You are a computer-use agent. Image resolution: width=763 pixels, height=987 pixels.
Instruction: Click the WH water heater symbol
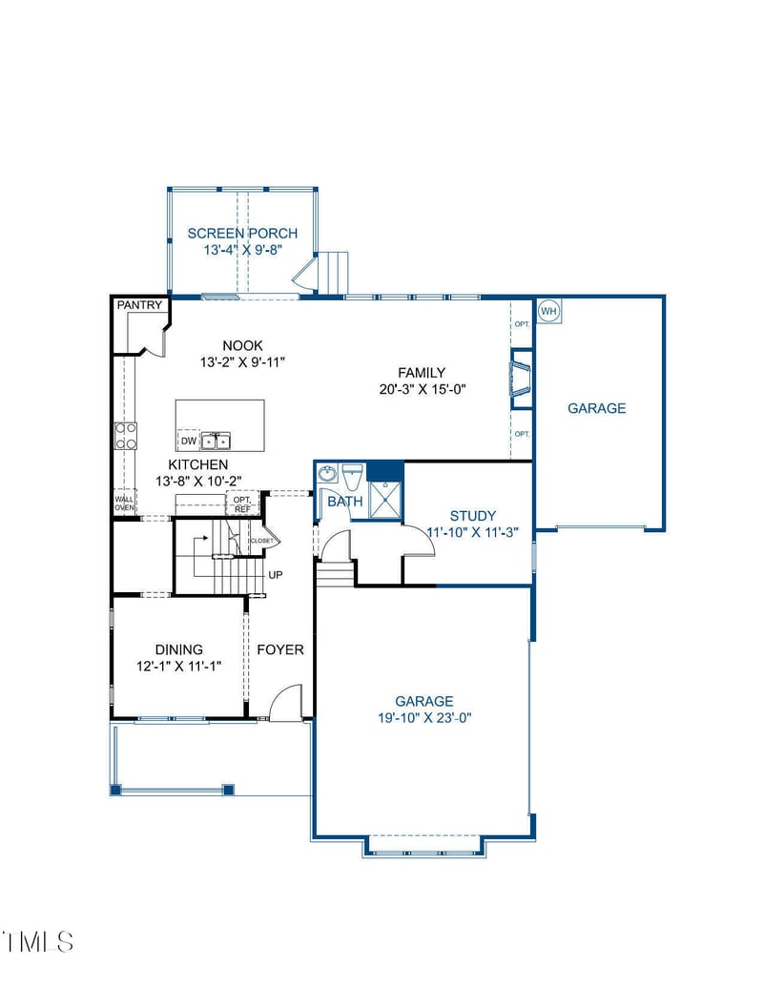pyautogui.click(x=548, y=311)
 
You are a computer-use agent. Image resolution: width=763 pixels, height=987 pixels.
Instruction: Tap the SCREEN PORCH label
pyautogui.click(x=242, y=234)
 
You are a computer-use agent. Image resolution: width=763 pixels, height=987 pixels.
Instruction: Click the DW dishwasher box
pyautogui.click(x=189, y=441)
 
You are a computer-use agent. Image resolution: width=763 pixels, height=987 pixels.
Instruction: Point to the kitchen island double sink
pyautogui.click(x=216, y=441)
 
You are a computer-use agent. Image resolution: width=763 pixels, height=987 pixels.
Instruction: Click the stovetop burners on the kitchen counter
pyautogui.click(x=125, y=435)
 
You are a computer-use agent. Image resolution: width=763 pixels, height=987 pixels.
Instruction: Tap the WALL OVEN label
pyautogui.click(x=125, y=503)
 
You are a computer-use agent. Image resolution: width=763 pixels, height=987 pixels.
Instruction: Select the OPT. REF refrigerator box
pyautogui.click(x=242, y=504)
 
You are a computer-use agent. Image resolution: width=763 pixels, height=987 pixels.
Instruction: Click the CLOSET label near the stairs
pyautogui.click(x=260, y=541)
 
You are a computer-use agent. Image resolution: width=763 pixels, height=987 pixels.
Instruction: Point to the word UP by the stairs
pyautogui.click(x=276, y=575)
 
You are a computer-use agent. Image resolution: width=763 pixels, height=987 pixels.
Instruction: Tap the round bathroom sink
pyautogui.click(x=327, y=473)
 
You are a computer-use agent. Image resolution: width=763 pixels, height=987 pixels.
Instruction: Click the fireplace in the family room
pyautogui.click(x=520, y=373)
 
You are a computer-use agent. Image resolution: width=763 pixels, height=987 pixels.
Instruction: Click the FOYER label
pyautogui.click(x=280, y=649)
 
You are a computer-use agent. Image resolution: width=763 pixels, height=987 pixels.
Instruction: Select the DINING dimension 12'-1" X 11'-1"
pyautogui.click(x=178, y=667)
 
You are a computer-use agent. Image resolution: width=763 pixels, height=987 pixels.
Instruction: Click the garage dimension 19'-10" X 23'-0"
pyautogui.click(x=424, y=718)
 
